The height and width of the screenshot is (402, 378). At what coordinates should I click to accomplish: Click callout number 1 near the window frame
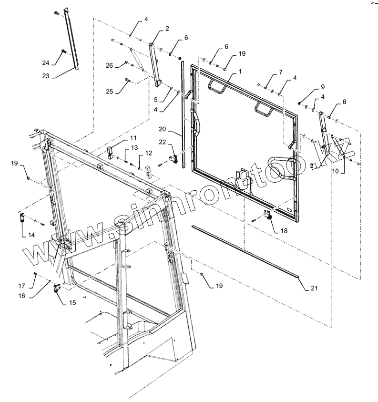tap(240, 71)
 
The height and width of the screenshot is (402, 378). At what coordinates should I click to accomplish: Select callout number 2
tap(167, 29)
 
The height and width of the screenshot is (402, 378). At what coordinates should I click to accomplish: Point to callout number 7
tap(281, 72)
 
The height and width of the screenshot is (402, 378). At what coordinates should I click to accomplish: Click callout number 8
tap(345, 102)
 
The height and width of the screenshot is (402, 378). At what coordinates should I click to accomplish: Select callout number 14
tap(31, 234)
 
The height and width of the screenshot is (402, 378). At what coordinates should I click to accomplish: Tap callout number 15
tap(72, 302)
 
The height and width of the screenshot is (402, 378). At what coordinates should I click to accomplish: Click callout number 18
tap(284, 230)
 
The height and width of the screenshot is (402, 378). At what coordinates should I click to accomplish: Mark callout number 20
tap(163, 129)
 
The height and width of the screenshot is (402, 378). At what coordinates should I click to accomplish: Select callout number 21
tap(314, 288)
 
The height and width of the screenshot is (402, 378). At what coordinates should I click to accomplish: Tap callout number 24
tap(45, 62)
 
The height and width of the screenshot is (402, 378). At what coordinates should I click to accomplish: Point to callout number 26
tap(110, 65)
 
